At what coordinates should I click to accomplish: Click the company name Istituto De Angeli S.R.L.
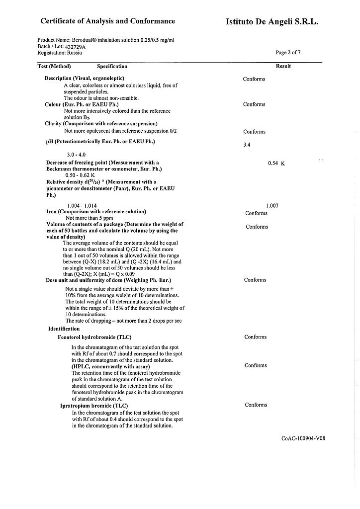coord(271,22)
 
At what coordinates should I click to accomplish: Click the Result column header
coord(283,66)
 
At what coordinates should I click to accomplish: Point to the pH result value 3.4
coord(247,145)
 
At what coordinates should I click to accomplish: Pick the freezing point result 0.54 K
coord(276,163)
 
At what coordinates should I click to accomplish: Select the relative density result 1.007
coord(272,205)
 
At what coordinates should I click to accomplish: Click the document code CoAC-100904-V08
coord(303,438)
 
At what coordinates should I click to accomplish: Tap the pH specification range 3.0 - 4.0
coord(78,155)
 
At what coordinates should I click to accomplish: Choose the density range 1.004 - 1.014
coord(82,205)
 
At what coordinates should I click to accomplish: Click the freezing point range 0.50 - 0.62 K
coord(80,175)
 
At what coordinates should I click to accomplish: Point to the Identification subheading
coord(64,329)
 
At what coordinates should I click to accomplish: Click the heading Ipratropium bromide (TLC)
coord(94,406)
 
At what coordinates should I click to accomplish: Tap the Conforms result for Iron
coord(256,213)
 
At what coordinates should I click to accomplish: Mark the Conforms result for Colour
coord(254,104)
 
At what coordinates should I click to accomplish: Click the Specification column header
coord(112,66)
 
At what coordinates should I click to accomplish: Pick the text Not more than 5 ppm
coord(90,218)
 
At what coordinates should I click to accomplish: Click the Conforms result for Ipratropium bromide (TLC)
coord(256,405)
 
